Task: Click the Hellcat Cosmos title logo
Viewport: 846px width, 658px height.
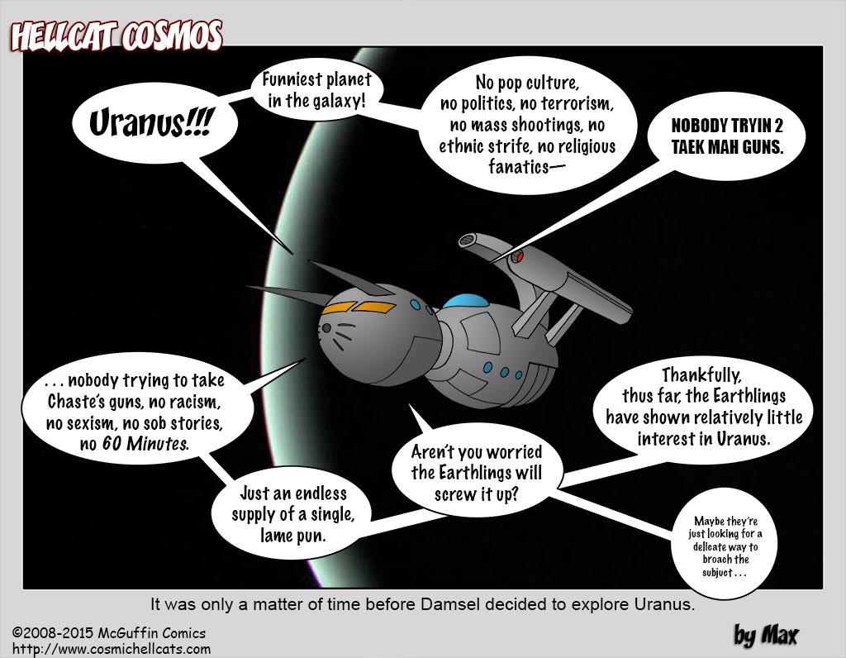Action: click(116, 36)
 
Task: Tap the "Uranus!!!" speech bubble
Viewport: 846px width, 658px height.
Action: click(154, 122)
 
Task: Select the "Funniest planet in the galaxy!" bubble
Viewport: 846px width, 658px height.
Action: click(316, 89)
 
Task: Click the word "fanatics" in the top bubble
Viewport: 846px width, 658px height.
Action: click(519, 167)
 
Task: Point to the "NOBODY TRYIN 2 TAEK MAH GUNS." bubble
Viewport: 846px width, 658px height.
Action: click(727, 136)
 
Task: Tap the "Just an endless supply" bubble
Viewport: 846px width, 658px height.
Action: click(293, 514)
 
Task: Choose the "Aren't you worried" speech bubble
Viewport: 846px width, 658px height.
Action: click(477, 473)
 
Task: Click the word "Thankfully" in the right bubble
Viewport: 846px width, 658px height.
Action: click(701, 374)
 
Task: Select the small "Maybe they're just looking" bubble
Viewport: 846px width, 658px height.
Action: click(725, 546)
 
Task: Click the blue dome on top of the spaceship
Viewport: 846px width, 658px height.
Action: click(465, 301)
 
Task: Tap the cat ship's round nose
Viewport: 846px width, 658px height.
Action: click(326, 327)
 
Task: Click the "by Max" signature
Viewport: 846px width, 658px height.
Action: click(766, 635)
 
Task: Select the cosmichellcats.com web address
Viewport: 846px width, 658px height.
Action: click(112, 648)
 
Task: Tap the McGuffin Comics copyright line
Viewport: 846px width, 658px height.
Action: click(109, 632)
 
